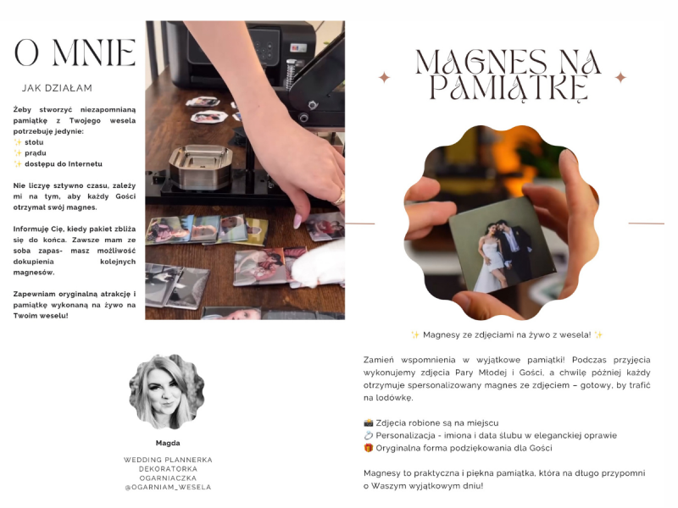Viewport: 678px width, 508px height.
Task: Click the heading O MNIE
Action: tap(75, 52)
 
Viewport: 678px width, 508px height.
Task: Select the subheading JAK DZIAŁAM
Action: tap(57, 88)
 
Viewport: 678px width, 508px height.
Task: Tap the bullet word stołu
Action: tap(34, 142)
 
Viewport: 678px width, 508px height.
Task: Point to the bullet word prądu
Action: tap(35, 153)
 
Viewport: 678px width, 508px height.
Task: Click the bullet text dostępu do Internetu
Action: tap(64, 163)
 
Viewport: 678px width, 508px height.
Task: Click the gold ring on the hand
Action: tap(339, 197)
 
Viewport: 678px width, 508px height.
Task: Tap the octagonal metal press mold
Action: tap(200, 167)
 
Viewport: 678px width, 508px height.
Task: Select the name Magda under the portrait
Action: tap(168, 443)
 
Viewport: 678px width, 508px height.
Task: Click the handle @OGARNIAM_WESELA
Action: tap(168, 487)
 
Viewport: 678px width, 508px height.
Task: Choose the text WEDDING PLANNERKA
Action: tap(168, 460)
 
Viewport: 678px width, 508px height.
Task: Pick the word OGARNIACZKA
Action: tap(168, 478)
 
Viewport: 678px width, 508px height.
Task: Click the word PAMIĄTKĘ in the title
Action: tap(508, 89)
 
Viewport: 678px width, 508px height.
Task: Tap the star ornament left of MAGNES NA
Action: tap(384, 78)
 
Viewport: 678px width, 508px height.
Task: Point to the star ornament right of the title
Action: tap(621, 78)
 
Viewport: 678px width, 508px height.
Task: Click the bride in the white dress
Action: tap(491, 258)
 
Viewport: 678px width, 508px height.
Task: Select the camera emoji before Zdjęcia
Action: tap(369, 422)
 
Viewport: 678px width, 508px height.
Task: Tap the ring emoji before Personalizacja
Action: tap(369, 435)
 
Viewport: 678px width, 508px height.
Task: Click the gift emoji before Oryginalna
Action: tap(369, 448)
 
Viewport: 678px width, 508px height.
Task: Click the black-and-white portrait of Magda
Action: tap(167, 392)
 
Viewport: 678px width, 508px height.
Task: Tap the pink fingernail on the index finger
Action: tap(297, 221)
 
